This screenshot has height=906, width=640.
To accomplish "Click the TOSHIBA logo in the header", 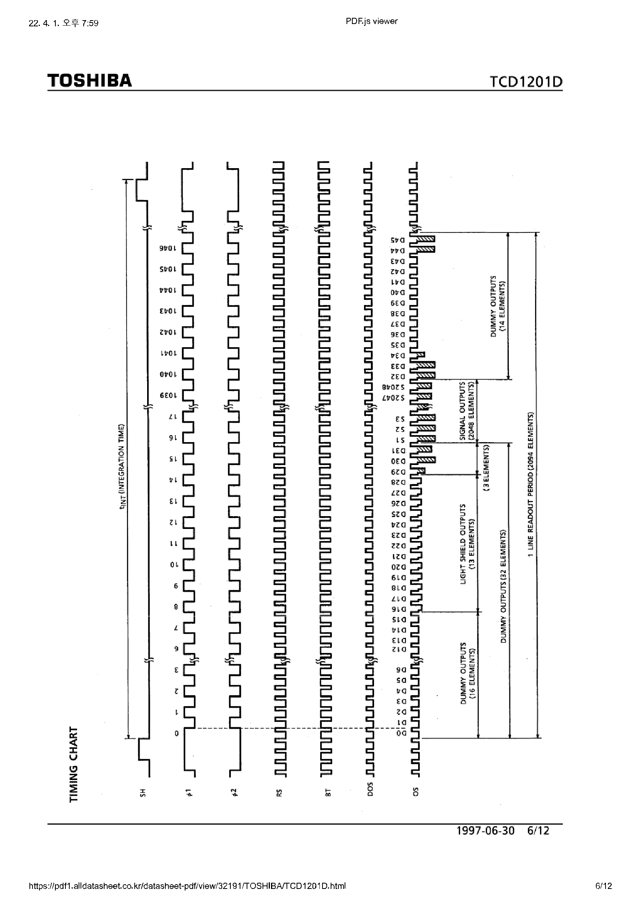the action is coord(89,81).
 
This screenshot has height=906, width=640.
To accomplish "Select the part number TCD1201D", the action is coord(526,82).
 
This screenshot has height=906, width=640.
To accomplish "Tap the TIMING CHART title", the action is coord(73,763).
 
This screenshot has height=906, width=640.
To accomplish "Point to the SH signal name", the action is coord(143,792).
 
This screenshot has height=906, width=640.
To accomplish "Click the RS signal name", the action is coord(279,792).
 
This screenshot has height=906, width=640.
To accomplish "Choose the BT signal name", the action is coord(327,792).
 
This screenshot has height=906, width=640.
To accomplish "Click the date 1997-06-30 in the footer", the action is coord(485,831).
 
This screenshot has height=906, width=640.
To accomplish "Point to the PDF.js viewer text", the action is coord(371,22).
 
